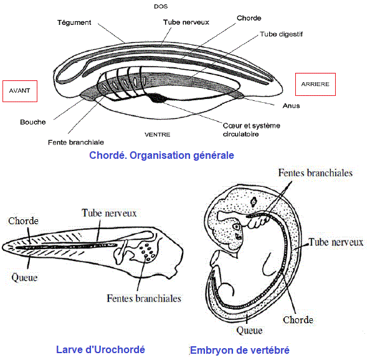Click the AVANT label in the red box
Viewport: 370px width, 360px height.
(x=19, y=91)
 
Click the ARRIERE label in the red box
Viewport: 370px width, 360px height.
(x=315, y=84)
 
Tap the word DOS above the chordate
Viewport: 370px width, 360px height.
(x=161, y=7)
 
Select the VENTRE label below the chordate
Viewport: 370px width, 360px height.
(x=158, y=135)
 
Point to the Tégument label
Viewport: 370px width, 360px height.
(x=74, y=22)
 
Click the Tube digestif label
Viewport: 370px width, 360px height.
(x=281, y=34)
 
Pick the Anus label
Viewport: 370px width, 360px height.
(x=291, y=106)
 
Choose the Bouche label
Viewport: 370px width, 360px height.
(x=33, y=122)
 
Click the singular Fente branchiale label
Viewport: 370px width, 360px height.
(x=76, y=143)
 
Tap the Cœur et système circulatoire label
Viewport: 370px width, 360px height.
(x=252, y=130)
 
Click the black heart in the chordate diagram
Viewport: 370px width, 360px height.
(x=156, y=98)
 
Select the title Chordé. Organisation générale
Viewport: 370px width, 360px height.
(x=161, y=156)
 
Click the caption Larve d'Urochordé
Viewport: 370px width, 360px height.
(x=100, y=349)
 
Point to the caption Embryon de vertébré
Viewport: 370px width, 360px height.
(x=240, y=350)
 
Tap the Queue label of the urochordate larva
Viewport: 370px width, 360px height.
(x=24, y=278)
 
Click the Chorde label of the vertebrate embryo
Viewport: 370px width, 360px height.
(x=298, y=320)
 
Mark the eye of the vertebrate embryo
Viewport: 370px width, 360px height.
(x=237, y=227)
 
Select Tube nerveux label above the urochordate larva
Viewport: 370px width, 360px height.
(x=109, y=213)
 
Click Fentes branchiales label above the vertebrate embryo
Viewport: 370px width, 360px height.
(x=315, y=173)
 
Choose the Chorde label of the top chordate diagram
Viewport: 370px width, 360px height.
(x=249, y=18)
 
